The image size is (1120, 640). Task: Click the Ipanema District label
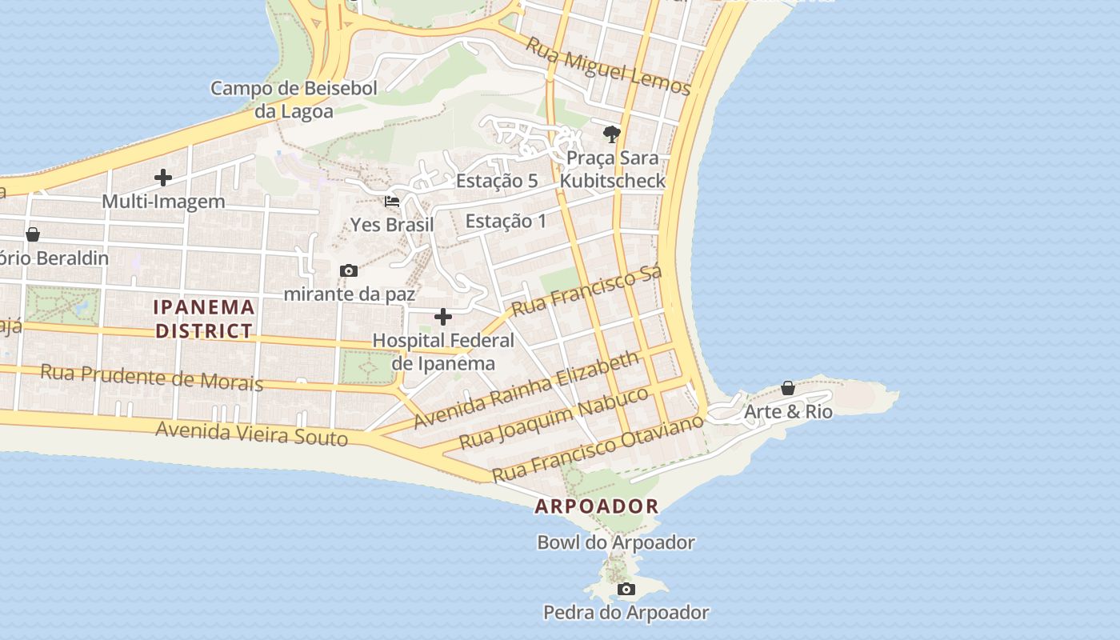[x=204, y=318]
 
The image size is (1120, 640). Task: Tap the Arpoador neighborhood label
[x=597, y=506]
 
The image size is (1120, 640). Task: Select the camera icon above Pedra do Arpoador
[x=626, y=590]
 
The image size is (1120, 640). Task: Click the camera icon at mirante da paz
[x=349, y=271]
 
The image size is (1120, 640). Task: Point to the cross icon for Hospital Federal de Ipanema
[x=443, y=317]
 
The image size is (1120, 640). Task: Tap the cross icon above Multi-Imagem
[x=163, y=178]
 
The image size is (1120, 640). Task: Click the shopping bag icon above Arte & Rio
[x=788, y=388]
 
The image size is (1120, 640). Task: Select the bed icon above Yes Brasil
[x=392, y=202]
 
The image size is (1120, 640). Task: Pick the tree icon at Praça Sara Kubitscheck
[x=612, y=133]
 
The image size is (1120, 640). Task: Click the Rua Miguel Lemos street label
[x=607, y=66]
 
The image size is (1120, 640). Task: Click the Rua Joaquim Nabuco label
[x=554, y=418]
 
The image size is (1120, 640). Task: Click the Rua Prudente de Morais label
[x=151, y=377]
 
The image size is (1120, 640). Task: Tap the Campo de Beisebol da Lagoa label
[x=294, y=99]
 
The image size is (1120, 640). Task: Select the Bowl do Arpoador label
[x=616, y=542]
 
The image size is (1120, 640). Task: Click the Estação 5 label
[x=497, y=181]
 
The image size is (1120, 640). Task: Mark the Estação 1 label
[x=506, y=221]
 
